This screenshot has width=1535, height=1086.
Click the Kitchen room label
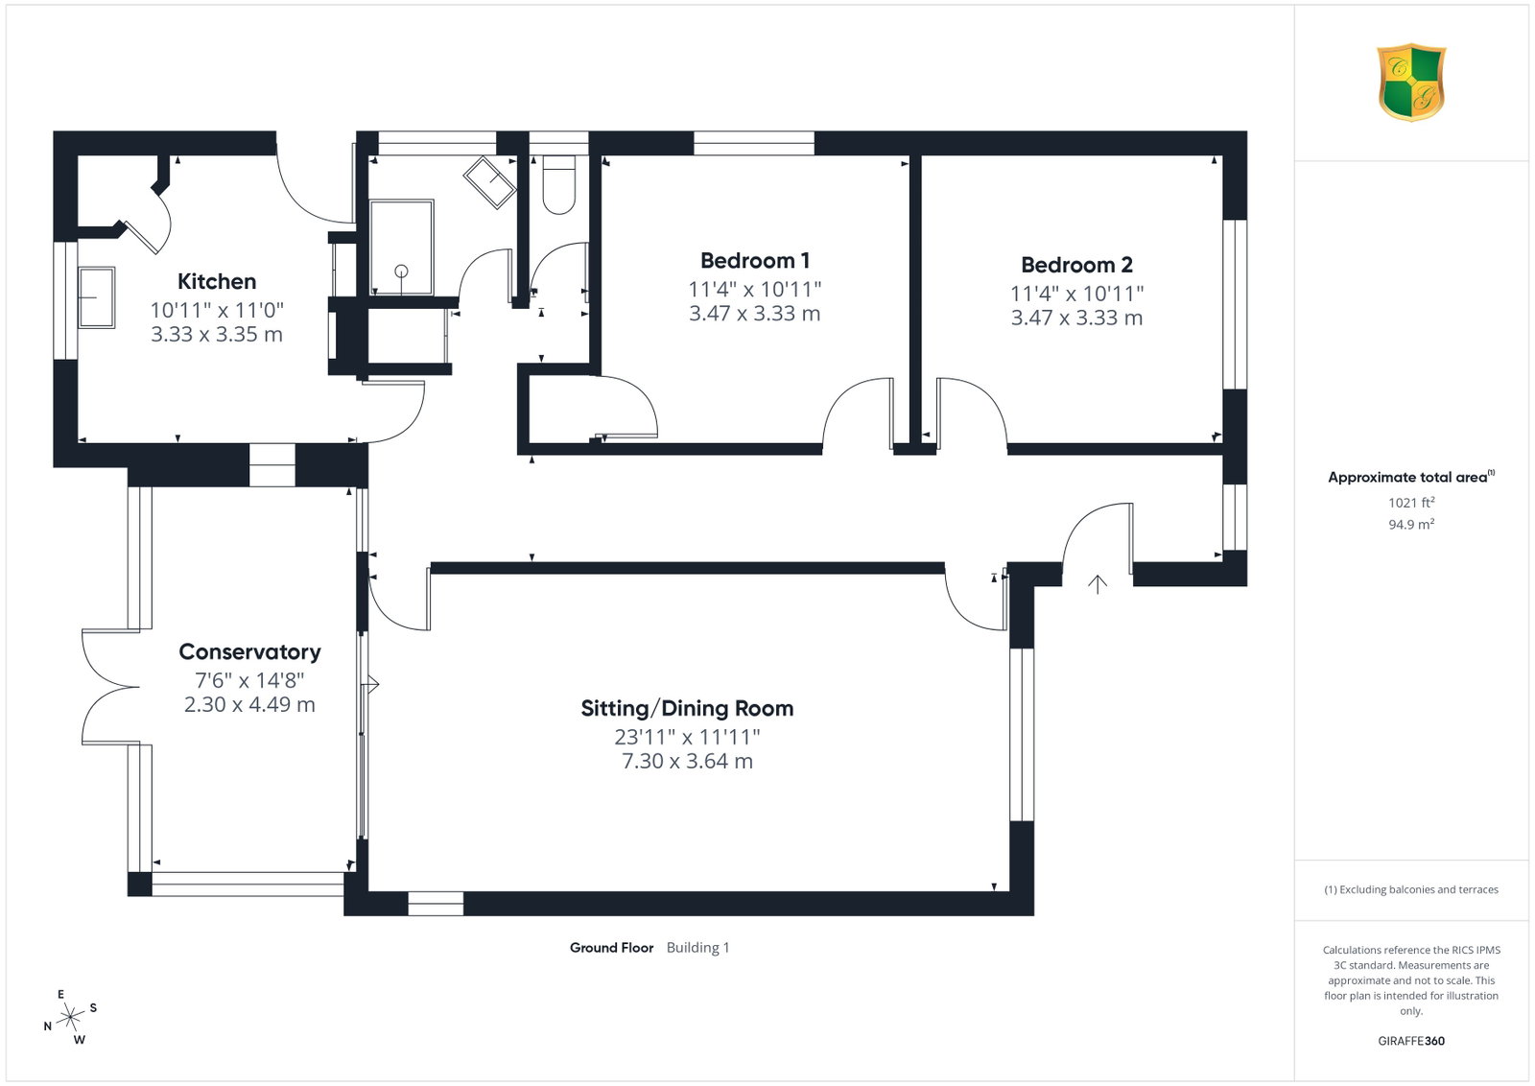[x=217, y=281]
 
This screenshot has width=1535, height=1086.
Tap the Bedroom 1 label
[x=754, y=260]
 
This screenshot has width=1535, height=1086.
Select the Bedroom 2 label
[x=1076, y=265]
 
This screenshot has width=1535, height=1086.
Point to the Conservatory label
[x=249, y=651]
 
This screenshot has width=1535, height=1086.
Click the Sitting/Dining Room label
[x=687, y=708]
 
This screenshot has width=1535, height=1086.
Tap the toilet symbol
[x=559, y=184]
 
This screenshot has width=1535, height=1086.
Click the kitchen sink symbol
[x=97, y=297]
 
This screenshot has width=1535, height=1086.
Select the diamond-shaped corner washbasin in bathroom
[x=490, y=181]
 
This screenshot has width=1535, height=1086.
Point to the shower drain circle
[x=402, y=271]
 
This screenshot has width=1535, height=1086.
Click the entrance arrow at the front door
[x=1098, y=583]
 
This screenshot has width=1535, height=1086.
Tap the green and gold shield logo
[x=1411, y=83]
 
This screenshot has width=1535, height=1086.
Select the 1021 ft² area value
[x=1411, y=503]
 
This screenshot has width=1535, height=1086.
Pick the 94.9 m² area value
[x=1411, y=524]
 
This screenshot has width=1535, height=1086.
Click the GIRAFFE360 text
[x=1411, y=1041]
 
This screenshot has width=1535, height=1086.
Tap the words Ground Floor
[x=611, y=948]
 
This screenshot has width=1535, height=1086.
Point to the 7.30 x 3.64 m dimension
[x=687, y=761]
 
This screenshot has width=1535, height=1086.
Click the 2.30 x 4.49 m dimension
[x=249, y=704]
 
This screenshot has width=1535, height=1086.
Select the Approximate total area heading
[x=1411, y=477]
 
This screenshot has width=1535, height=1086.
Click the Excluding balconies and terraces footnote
[x=1411, y=889]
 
